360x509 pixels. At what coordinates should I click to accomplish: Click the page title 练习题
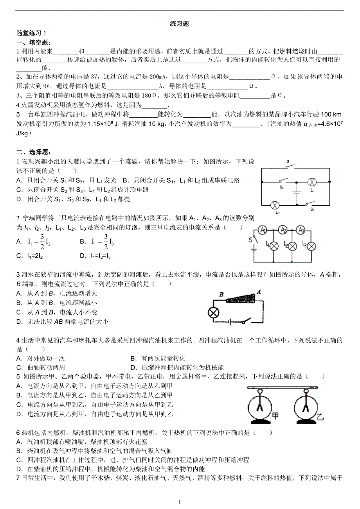point(180,24)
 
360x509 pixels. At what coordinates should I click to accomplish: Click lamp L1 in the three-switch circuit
point(312,182)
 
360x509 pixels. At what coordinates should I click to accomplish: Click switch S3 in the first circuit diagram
point(310,204)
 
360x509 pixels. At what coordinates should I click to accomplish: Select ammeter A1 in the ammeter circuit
point(263,231)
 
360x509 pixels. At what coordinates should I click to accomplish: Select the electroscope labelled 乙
point(306,407)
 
